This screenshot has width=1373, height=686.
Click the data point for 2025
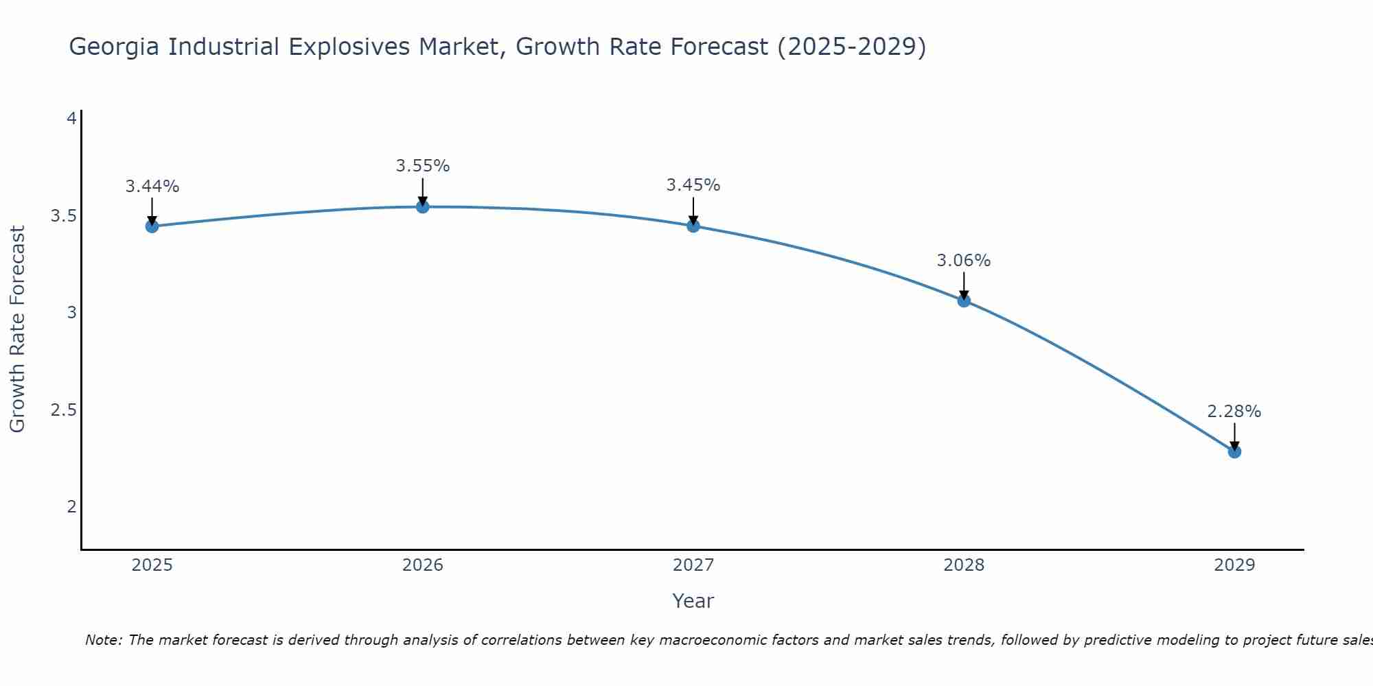(x=152, y=226)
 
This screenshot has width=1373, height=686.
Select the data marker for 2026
(x=423, y=206)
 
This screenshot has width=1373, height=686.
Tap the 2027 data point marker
(x=693, y=226)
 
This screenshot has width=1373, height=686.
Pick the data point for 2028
(x=964, y=300)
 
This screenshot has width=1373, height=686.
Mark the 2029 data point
(x=1234, y=451)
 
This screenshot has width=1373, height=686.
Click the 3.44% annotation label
(x=152, y=187)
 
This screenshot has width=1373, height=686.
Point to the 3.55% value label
(x=423, y=166)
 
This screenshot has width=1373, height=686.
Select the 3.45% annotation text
(x=693, y=185)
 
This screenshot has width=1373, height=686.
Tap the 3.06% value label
(x=964, y=261)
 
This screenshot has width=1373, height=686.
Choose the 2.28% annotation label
(x=1234, y=412)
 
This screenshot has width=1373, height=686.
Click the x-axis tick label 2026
(x=423, y=565)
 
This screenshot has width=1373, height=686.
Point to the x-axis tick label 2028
(x=964, y=565)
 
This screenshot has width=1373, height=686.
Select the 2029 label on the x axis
(x=1234, y=565)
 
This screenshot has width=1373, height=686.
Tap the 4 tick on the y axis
(x=71, y=119)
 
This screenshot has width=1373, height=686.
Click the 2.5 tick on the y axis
(x=63, y=410)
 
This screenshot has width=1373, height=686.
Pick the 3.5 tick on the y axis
(x=63, y=216)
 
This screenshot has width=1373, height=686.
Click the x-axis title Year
(x=693, y=601)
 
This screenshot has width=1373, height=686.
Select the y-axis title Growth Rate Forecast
(x=17, y=329)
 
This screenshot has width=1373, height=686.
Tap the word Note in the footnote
(x=103, y=640)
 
